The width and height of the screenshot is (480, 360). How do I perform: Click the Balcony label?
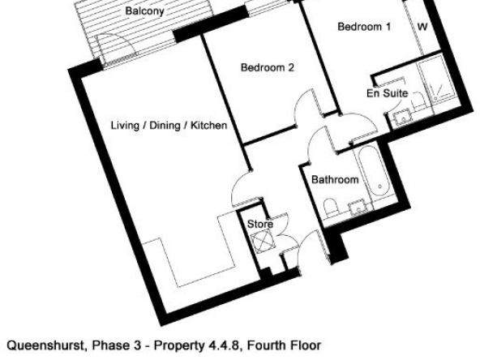click(145, 11)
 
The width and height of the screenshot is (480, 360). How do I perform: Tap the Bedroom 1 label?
click(364, 27)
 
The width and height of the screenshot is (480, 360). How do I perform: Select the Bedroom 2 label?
click(268, 67)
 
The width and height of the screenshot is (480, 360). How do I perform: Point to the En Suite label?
click(388, 93)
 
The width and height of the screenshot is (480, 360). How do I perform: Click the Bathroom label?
click(335, 179)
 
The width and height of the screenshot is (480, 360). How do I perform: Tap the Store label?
click(260, 224)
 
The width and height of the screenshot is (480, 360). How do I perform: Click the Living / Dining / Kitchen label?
click(169, 126)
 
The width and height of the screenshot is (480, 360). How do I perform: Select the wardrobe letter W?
click(422, 27)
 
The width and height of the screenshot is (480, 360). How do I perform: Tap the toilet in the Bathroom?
click(330, 208)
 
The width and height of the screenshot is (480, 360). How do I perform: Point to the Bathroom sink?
click(358, 208)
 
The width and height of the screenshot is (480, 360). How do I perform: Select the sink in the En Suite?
click(402, 118)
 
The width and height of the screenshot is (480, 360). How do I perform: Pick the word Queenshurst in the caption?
click(45, 345)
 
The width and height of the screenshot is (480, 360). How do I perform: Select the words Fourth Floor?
click(284, 345)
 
